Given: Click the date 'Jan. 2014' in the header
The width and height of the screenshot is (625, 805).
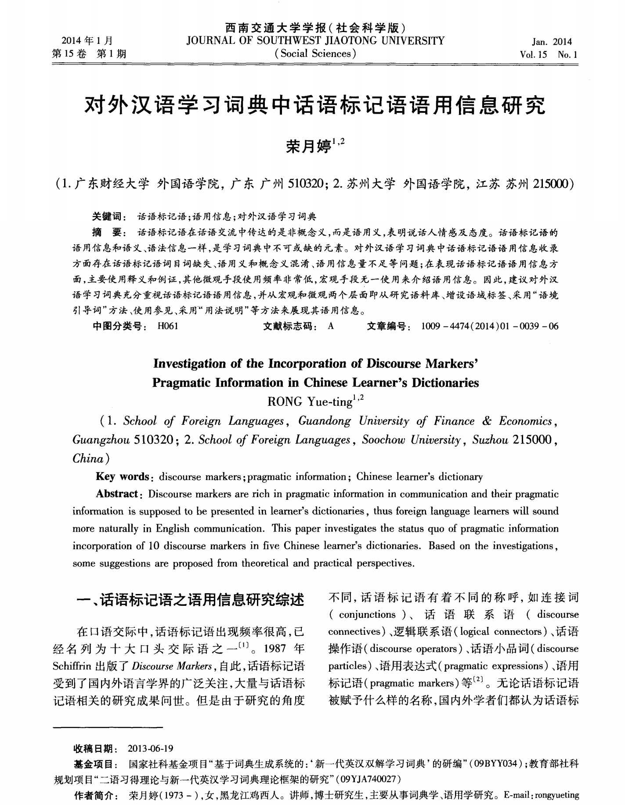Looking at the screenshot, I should click(x=552, y=42).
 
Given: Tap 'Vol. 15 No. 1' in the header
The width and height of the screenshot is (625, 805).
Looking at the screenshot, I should click(x=549, y=55).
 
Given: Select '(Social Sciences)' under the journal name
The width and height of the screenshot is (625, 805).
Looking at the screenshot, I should click(x=315, y=54).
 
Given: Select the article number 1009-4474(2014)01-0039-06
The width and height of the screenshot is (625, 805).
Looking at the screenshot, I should click(x=489, y=326).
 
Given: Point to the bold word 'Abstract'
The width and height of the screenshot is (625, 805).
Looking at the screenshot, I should click(x=117, y=494).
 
